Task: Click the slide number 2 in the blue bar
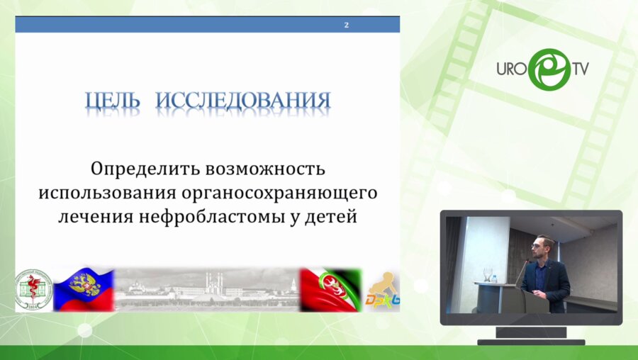pos(346,25)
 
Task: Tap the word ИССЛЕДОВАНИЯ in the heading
pos(243,100)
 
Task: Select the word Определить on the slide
pos(145,170)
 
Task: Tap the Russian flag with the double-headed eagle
pos(84,289)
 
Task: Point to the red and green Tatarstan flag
pos(330,289)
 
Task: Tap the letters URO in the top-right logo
pos(510,69)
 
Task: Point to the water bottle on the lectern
pos(488,274)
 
